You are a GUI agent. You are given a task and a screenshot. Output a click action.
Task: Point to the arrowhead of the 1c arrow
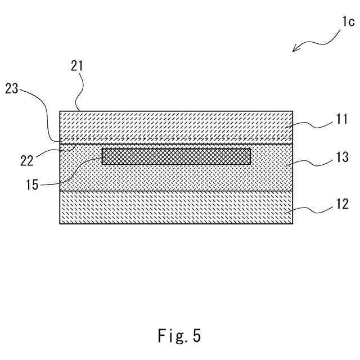coord(294,51)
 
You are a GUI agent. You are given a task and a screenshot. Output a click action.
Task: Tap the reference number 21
coord(77,66)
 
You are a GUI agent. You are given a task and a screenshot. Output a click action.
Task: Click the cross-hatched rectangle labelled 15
coord(176,156)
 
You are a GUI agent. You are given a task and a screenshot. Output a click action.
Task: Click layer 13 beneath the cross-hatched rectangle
coord(176,178)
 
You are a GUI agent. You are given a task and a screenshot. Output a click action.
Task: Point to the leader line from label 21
coord(83,90)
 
